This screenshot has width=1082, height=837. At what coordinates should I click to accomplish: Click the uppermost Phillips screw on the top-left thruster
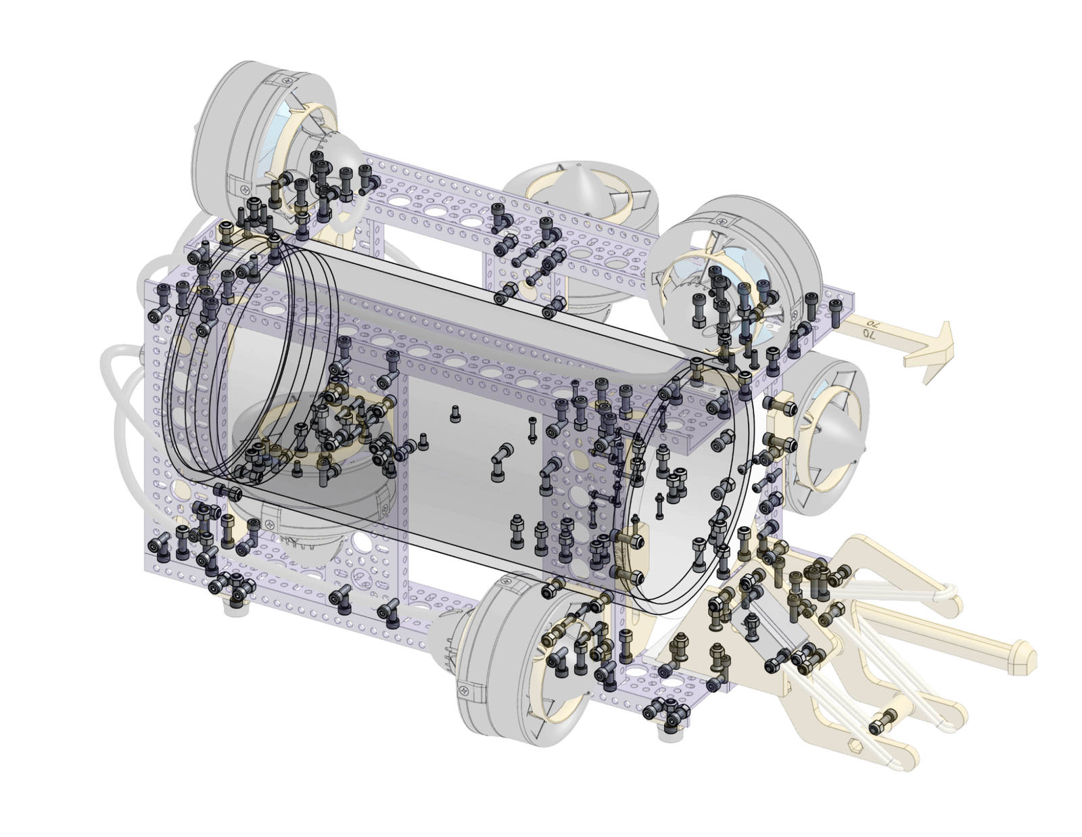287,78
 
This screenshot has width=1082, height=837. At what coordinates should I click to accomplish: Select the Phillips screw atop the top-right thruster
723,217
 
